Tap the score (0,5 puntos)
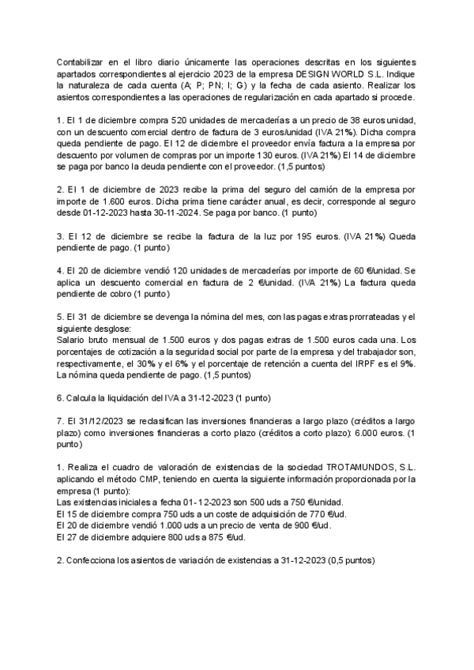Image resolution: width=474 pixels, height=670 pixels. pos(353,560)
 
